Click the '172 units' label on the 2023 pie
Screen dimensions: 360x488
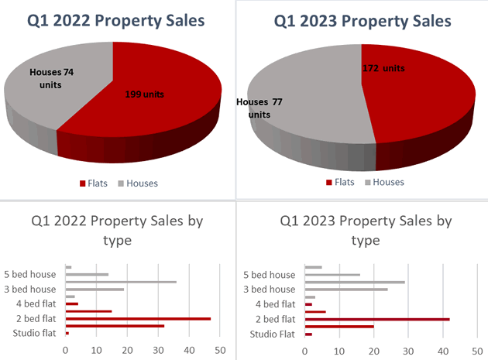coord(383,68)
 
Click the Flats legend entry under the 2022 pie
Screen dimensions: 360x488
coord(96,183)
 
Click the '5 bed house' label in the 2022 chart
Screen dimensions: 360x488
coord(32,275)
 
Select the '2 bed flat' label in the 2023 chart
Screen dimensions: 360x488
coord(274,319)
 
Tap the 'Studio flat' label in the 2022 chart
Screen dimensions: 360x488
coord(35,334)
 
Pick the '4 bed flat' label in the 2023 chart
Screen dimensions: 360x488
coord(274,304)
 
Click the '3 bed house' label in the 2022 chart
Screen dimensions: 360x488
coord(32,290)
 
